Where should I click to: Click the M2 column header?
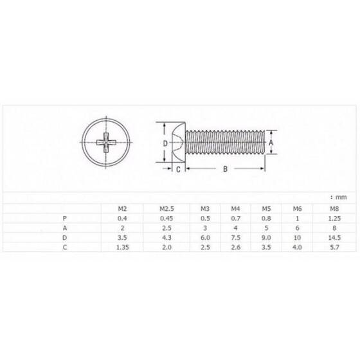coord(121,208)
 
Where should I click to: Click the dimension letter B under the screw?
coord(225,170)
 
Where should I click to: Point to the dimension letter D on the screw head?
coord(165,143)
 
